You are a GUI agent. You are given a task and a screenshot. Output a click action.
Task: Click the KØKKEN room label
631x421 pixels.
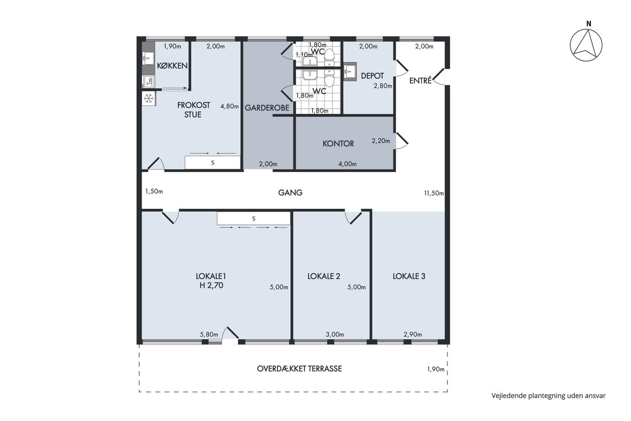coord(172,66)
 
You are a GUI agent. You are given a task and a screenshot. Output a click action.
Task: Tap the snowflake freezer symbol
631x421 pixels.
coord(148,98)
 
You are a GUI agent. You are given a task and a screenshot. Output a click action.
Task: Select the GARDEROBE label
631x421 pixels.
coord(267,108)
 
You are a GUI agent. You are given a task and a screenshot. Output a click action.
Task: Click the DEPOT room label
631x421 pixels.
coord(372,76)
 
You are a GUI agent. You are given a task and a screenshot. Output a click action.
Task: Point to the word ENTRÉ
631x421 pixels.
coord(420,80)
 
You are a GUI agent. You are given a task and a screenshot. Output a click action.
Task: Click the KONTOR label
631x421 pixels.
coord(338,143)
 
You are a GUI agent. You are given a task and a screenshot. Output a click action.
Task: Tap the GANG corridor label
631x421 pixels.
coord(290,193)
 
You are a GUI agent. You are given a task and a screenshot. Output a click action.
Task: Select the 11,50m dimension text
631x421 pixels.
coord(434,193)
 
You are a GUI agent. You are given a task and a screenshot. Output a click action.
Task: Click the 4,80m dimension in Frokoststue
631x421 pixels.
coord(229,106)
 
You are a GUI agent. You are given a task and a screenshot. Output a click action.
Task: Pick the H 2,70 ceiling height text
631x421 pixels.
coord(211,285)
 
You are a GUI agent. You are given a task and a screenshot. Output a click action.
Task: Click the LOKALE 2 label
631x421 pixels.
coord(324,276)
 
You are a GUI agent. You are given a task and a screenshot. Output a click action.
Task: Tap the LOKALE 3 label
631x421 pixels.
coord(409,276)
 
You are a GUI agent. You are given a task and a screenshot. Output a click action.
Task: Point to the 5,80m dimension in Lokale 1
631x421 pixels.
coord(209,334)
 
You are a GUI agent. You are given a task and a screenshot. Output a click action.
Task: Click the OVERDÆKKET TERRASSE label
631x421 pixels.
coord(299,369)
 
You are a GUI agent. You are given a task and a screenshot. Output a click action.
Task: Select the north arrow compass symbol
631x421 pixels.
coord(586,46)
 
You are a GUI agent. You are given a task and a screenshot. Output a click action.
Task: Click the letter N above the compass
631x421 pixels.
coord(589,24)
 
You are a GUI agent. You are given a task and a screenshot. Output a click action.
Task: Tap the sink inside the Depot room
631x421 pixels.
coord(349,71)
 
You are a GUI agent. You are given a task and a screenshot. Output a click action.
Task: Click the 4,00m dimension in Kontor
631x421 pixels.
coord(348,164)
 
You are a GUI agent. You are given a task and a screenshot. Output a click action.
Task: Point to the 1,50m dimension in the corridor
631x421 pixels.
coord(154,191)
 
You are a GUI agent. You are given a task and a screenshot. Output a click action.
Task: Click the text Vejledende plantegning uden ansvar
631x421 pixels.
coord(549,396)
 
